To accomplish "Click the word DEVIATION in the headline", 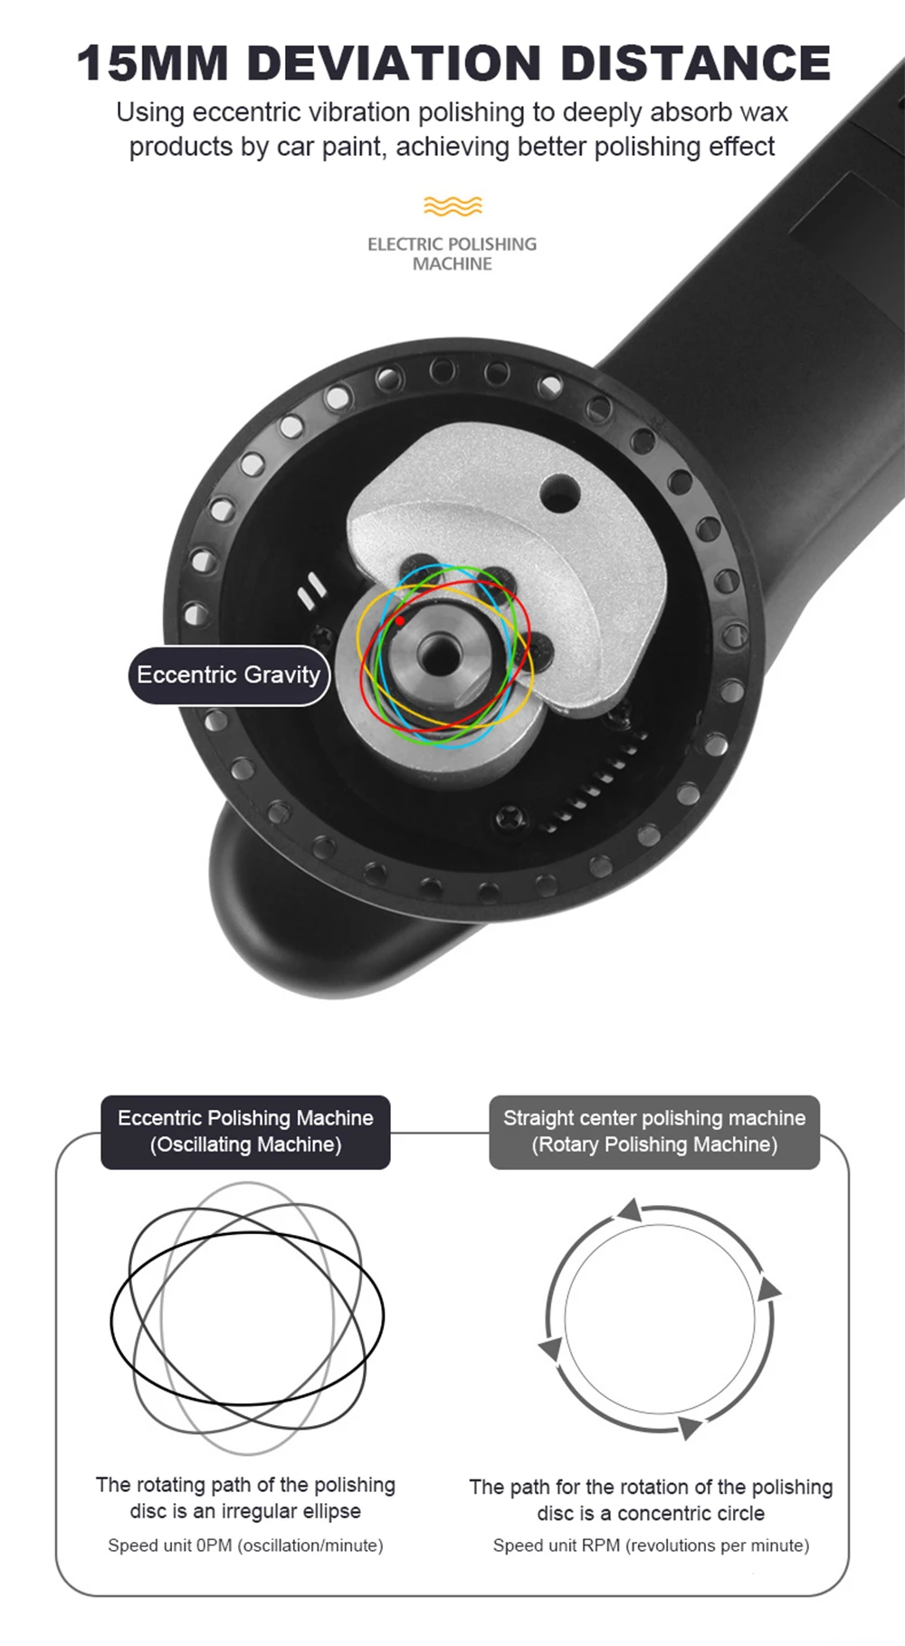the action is pyautogui.click(x=393, y=63).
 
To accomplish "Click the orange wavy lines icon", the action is pyautogui.click(x=452, y=206).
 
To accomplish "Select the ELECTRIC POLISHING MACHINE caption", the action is pyautogui.click(x=452, y=254).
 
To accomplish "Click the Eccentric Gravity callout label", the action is pyautogui.click(x=229, y=675).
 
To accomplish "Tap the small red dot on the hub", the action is pyautogui.click(x=400, y=621).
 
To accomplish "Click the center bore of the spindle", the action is pyautogui.click(x=441, y=649).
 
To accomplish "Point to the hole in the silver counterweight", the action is pyautogui.click(x=560, y=494).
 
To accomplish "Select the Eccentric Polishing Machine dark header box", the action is pyautogui.click(x=245, y=1132).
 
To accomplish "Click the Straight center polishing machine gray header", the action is pyautogui.click(x=654, y=1132).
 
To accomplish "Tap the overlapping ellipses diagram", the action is pyautogui.click(x=247, y=1317).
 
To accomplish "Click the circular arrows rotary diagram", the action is pyautogui.click(x=660, y=1318).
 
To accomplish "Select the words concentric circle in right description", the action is pyautogui.click(x=691, y=1513).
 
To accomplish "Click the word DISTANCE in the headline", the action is pyautogui.click(x=695, y=63).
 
